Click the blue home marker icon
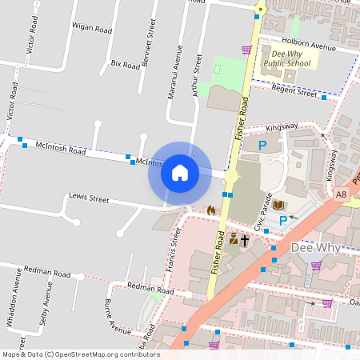(x=180, y=173)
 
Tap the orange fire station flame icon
(x=210, y=210)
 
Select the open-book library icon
(x=278, y=206)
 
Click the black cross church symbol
(x=245, y=239)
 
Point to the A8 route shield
(x=342, y=194)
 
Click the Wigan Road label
(x=91, y=29)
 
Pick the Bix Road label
(x=125, y=63)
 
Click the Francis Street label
(x=175, y=248)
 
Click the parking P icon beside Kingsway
(x=262, y=146)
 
